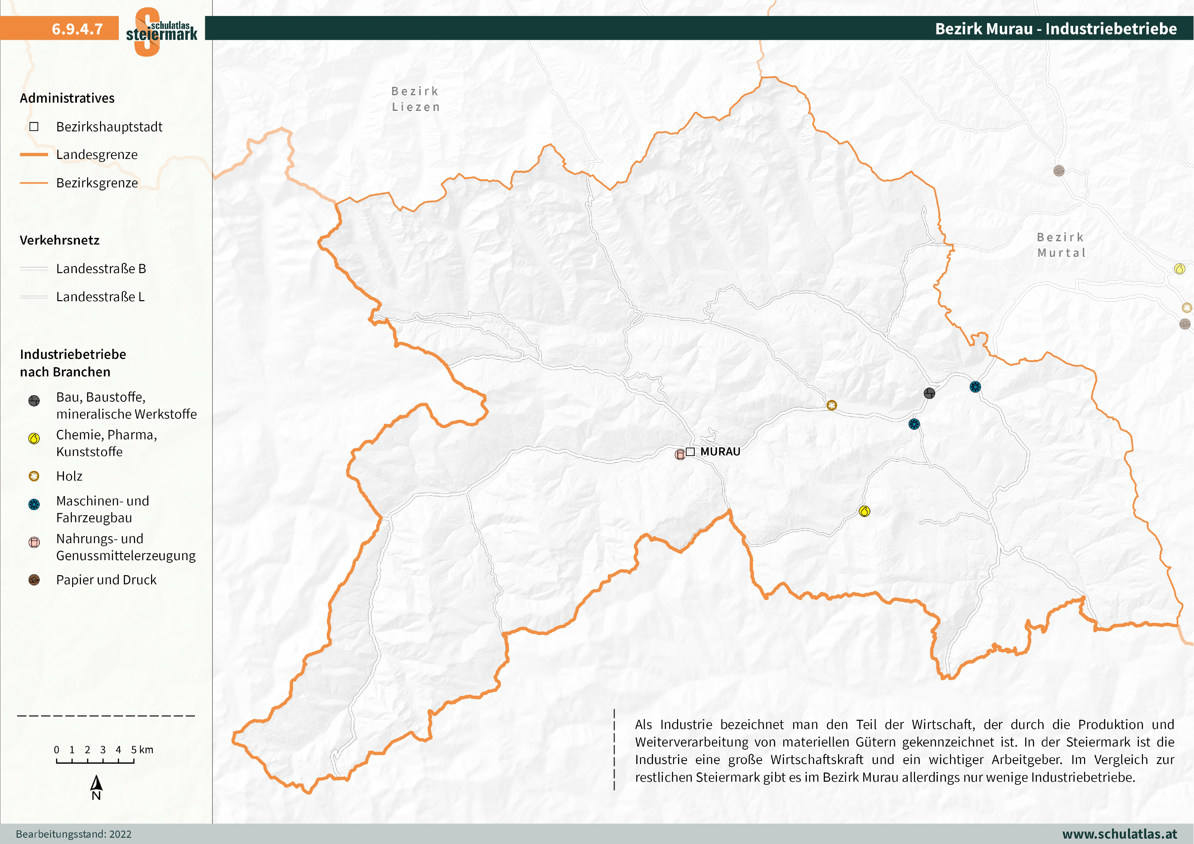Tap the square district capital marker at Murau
coord(690,451)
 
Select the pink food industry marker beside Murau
coord(680,455)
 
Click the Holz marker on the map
coord(832,405)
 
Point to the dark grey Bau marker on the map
coord(929,393)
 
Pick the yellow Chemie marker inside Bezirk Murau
coord(864,511)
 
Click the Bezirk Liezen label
coord(415,99)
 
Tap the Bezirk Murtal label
coord(1061,245)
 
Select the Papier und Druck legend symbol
coord(34,580)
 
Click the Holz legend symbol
coord(34,476)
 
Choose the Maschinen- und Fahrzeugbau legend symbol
coord(34,504)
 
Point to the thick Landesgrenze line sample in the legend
coord(34,155)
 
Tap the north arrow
coord(96,784)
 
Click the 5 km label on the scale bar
coord(142,749)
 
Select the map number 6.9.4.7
coord(77,29)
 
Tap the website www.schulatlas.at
coord(1119,833)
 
